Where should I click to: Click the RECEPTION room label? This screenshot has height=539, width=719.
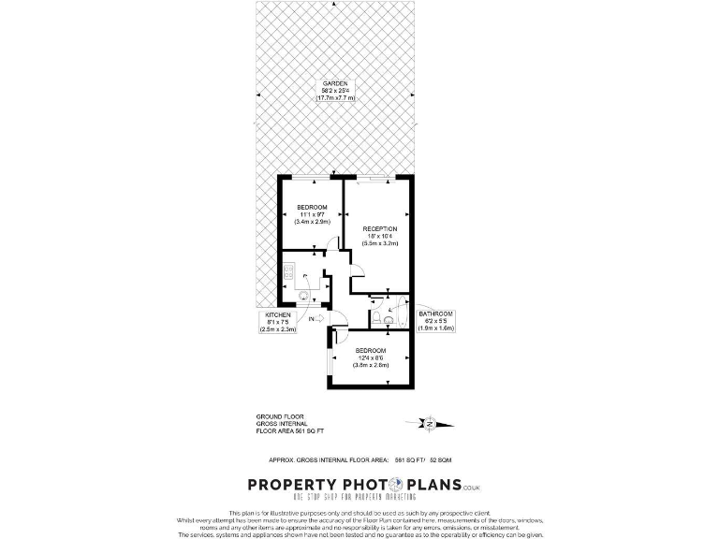coord(381,228)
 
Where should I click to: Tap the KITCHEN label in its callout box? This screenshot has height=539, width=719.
coord(278,314)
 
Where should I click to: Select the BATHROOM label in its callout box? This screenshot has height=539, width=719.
coord(435,313)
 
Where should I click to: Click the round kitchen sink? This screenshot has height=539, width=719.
coord(304,296)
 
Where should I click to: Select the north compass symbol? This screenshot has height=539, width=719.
coord(428,424)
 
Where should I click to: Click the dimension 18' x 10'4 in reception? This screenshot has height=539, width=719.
coord(381,236)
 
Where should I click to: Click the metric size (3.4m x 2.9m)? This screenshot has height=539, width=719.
coord(312,223)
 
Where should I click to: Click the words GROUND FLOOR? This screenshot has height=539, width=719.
coord(280,416)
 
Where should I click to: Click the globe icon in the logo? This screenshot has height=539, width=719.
coord(395,484)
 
